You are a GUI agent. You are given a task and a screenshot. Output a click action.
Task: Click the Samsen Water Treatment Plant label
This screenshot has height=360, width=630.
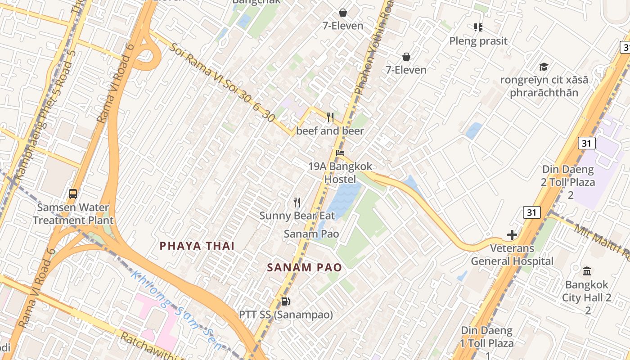click(73, 214)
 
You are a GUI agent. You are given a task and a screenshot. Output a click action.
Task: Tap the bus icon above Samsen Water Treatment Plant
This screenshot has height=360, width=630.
click(73, 194)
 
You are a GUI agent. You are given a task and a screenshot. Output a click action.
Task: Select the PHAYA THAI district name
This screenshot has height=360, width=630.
click(198, 246)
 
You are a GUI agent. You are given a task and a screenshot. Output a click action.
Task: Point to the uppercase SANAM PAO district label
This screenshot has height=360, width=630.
click(304, 267)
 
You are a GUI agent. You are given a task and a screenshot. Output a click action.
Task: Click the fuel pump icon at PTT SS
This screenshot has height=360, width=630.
click(285, 301)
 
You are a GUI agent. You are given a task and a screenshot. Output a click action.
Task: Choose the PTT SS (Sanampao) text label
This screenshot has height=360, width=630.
click(286, 315)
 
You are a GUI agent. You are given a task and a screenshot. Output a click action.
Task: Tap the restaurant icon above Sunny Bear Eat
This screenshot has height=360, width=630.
click(297, 202)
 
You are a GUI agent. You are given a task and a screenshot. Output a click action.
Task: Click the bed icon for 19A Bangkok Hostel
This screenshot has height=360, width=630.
click(340, 153)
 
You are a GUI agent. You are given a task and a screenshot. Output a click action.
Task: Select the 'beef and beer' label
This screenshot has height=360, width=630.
click(330, 131)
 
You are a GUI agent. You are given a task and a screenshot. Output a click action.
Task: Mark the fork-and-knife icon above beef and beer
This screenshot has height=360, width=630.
click(330, 117)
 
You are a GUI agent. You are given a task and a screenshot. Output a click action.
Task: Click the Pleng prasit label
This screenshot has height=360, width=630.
click(478, 41)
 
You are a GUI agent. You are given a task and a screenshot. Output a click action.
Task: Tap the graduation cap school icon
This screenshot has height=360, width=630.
click(544, 67)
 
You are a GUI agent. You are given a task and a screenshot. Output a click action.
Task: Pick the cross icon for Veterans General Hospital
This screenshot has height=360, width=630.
click(512, 235)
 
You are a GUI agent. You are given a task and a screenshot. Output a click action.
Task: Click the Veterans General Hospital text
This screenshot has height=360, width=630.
click(512, 255)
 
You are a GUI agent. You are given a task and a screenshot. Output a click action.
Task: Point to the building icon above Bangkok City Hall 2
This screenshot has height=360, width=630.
click(587, 271)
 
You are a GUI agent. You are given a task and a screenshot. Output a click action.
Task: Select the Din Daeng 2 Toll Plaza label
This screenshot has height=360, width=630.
click(568, 182)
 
